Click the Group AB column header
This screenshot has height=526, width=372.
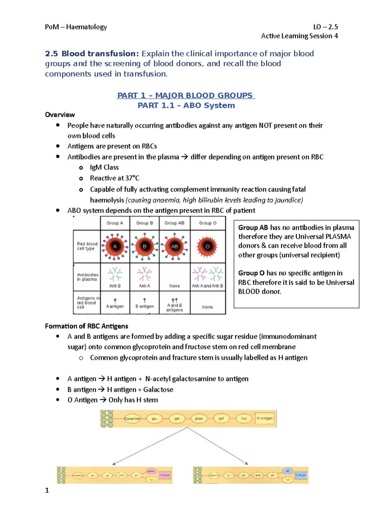[174, 223]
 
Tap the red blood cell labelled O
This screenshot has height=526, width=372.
[207, 247]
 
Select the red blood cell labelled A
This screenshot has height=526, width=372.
[115, 247]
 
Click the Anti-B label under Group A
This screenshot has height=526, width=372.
[115, 286]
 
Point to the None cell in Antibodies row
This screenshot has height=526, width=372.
[174, 286]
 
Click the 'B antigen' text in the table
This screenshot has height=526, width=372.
[144, 306]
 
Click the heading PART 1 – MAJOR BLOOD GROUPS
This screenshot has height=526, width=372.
[186, 95]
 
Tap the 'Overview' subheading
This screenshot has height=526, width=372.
[60, 115]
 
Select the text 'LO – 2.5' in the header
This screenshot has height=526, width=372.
[325, 27]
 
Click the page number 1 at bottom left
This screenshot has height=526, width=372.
[47, 490]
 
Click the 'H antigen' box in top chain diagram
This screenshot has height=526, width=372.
[265, 418]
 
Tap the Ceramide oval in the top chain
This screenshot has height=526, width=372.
[132, 419]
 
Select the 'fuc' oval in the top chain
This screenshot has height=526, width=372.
[244, 419]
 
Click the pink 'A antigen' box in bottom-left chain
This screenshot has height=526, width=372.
[165, 475]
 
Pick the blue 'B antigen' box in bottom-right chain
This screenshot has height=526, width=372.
[300, 475]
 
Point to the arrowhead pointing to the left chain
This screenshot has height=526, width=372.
[114, 464]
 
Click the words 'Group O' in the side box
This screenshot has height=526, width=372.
[251, 273]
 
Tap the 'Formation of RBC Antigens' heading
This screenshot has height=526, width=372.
[86, 326]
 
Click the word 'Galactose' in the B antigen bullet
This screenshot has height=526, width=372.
[158, 389]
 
